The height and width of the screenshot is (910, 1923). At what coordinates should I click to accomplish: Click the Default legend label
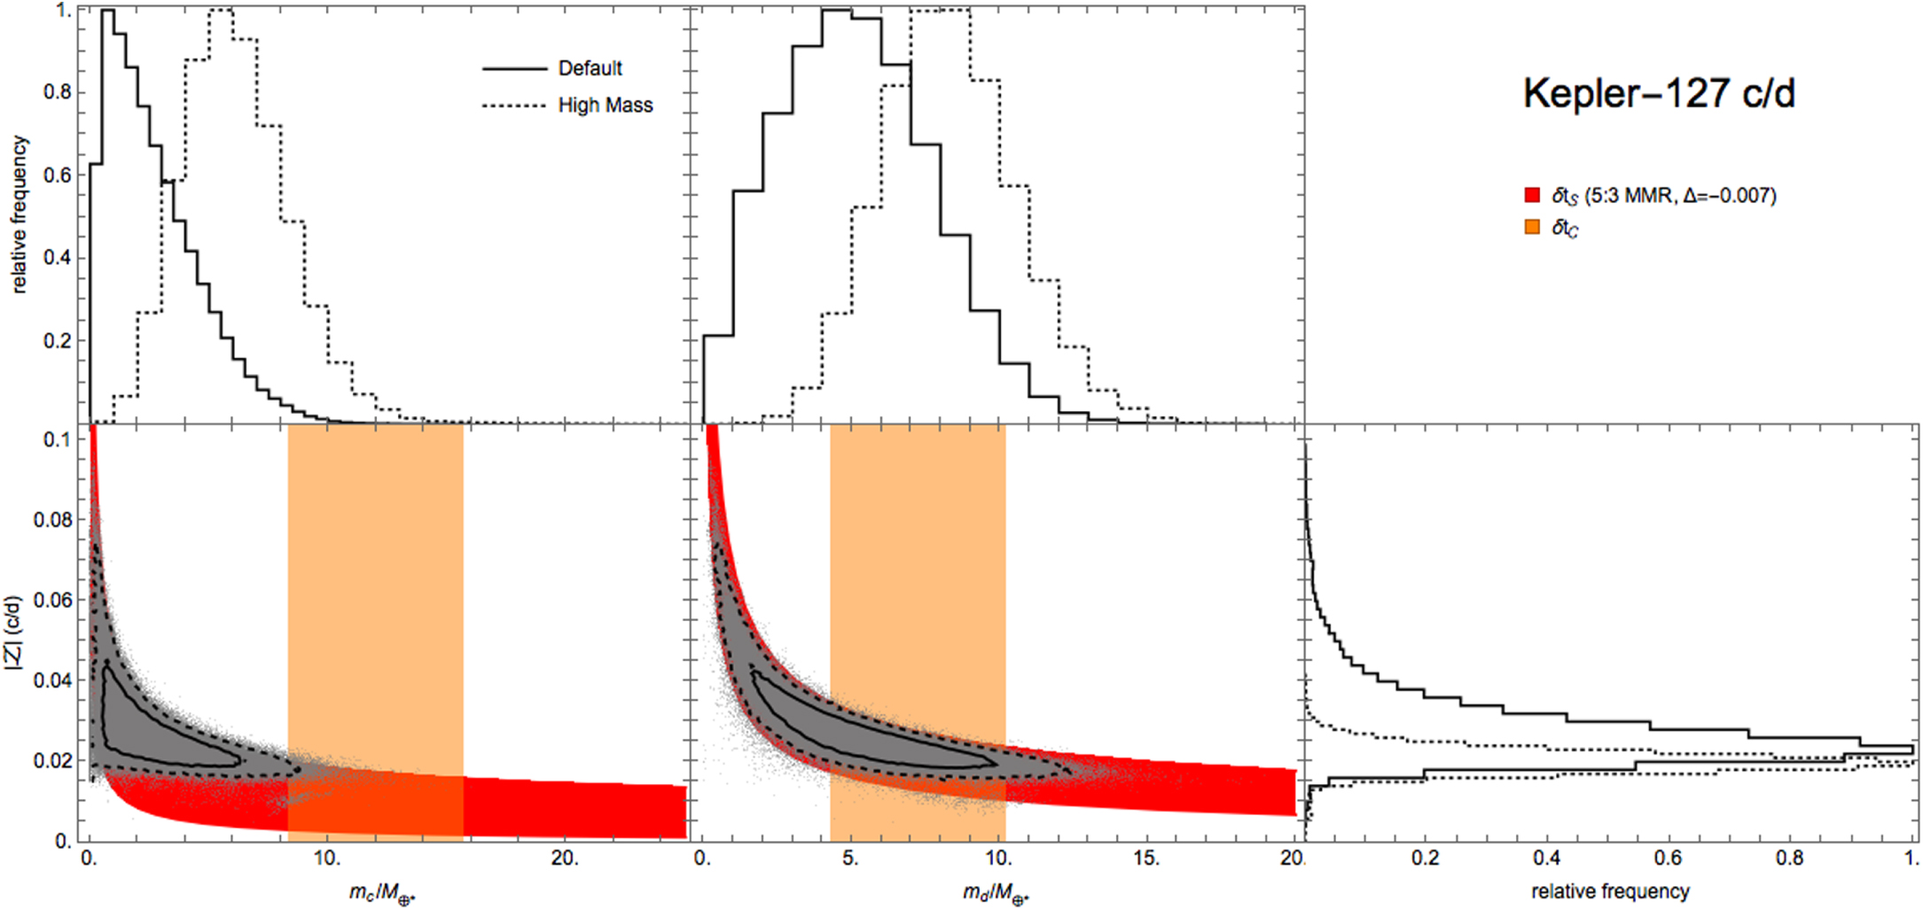click(x=590, y=68)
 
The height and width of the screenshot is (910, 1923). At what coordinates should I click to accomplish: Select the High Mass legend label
click(x=605, y=105)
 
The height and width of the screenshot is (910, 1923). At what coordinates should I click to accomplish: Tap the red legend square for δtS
click(x=1532, y=196)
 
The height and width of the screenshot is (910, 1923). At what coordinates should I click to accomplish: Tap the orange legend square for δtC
click(x=1532, y=228)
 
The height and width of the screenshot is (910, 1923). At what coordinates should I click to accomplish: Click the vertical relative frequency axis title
click(x=20, y=214)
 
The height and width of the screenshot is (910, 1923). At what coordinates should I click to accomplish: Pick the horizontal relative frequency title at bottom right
click(x=1610, y=891)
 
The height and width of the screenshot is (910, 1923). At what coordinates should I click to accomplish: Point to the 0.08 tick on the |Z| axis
click(x=53, y=519)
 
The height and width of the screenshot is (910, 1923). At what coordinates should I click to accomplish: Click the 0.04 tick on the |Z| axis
click(x=53, y=681)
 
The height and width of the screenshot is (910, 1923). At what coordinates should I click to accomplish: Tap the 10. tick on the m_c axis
click(x=327, y=859)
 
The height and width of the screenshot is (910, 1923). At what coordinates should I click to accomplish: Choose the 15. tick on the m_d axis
click(x=1146, y=859)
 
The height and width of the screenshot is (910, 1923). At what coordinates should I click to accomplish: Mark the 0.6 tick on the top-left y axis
click(x=58, y=175)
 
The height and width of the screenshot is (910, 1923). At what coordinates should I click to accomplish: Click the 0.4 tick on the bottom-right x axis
click(x=1546, y=859)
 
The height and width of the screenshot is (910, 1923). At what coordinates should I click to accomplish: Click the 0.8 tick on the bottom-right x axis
click(x=1789, y=859)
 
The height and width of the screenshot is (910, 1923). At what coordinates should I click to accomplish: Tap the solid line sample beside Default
click(x=514, y=68)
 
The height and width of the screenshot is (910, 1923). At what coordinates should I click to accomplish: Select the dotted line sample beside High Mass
click(x=514, y=105)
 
